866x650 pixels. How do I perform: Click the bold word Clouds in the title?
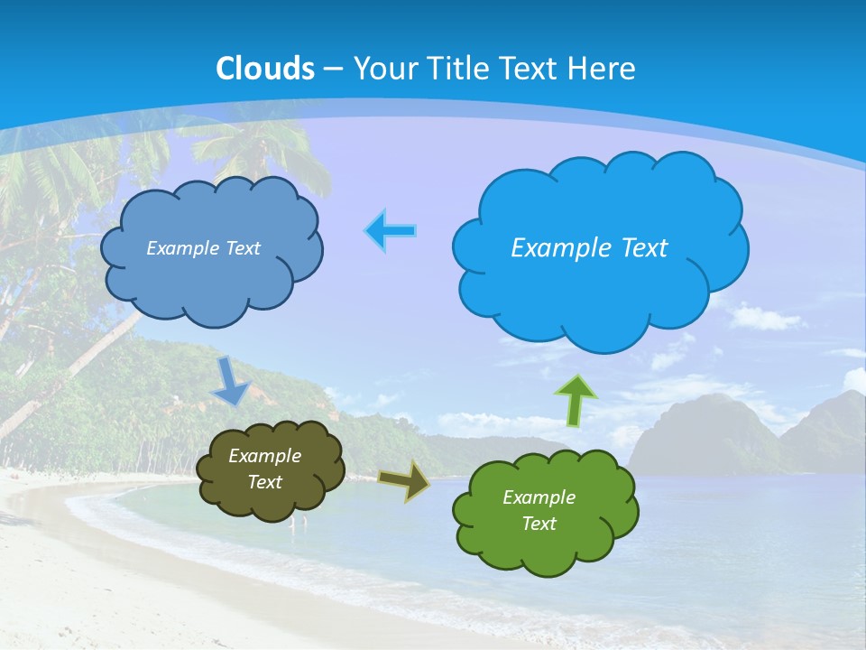click(265, 69)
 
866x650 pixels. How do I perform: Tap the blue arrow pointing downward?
click(231, 381)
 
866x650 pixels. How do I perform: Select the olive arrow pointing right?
click(404, 481)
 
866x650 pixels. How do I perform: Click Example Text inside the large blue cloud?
click(589, 248)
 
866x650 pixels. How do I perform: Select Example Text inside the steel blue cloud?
click(203, 248)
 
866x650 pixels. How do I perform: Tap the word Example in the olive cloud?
click(264, 456)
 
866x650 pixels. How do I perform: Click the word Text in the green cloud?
click(539, 524)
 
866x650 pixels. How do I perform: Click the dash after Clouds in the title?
click(333, 70)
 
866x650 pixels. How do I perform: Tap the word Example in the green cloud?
click(539, 497)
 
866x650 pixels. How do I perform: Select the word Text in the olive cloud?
click(264, 482)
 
